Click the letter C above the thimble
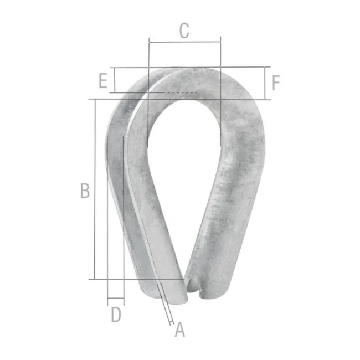click(184, 31)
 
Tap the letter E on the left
click(103, 81)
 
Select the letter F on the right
click(276, 83)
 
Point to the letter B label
click(85, 191)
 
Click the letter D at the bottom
click(116, 315)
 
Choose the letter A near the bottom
click(180, 329)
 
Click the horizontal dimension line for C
click(185, 42)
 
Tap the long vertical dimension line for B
click(95, 189)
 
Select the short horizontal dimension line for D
click(116, 299)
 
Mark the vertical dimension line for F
click(265, 83)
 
